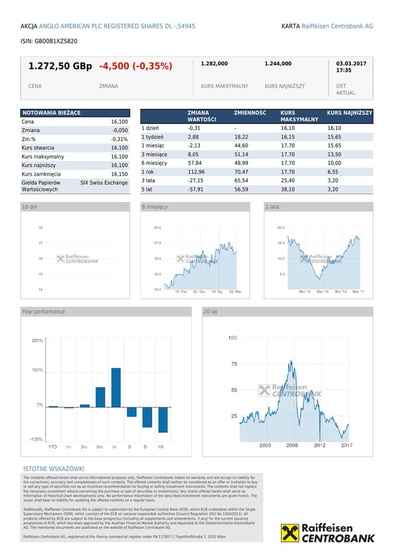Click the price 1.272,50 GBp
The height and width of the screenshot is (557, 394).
tap(60, 66)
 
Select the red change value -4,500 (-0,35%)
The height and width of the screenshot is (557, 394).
tap(135, 66)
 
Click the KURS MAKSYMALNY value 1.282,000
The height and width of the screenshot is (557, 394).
tap(214, 64)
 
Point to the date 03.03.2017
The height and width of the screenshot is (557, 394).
tap(351, 64)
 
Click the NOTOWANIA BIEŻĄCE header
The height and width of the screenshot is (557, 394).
tap(51, 113)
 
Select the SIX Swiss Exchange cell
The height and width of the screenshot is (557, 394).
tap(104, 183)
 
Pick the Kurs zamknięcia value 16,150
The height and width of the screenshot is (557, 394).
tap(119, 174)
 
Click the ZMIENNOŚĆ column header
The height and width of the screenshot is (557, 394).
tap(250, 113)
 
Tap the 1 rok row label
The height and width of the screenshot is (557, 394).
tap(147, 171)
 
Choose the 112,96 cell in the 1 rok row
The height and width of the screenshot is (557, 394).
tap(196, 171)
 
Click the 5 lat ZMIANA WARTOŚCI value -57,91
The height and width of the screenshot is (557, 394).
tap(195, 189)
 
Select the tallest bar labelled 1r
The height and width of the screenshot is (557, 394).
tap(116, 388)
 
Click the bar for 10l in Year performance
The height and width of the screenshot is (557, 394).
tap(162, 419)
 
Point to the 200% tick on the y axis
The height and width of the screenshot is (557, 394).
tap(37, 341)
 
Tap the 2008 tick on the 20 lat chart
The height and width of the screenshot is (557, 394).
tap(292, 445)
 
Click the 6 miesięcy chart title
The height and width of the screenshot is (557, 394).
tap(155, 207)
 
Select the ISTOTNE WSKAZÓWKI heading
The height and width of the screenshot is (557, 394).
tap(54, 469)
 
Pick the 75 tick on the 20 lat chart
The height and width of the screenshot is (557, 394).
tap(234, 364)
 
